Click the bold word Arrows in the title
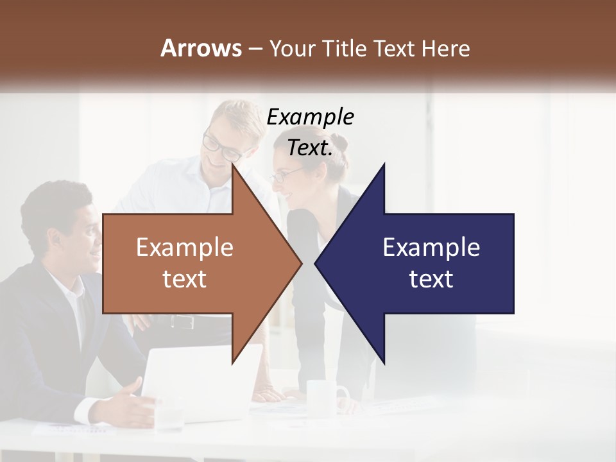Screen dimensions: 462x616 [x=200, y=48]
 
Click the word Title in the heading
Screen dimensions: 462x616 [x=344, y=49]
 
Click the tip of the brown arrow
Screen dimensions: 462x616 [x=300, y=263]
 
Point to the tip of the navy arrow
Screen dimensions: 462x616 [x=316, y=263]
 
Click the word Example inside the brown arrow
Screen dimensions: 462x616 [x=185, y=248]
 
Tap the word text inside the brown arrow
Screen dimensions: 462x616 [x=185, y=279]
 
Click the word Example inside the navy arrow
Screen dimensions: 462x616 [x=431, y=248]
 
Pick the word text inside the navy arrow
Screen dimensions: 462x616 [x=431, y=279]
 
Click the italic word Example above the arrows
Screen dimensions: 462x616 [x=310, y=117]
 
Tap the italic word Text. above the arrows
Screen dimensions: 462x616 [x=310, y=148]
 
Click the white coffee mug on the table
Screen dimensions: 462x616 [x=325, y=394]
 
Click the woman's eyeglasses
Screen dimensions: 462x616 [x=286, y=174]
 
